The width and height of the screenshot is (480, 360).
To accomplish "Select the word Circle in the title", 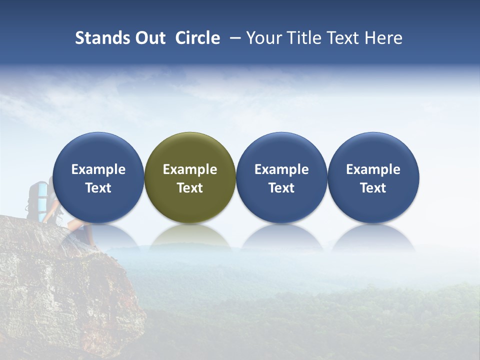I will pos(197,38).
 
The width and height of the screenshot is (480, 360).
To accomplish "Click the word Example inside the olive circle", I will pos(190,169).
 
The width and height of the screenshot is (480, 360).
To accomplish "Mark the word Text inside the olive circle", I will pos(190,188).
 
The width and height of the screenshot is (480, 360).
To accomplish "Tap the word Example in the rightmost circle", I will pos(373,169).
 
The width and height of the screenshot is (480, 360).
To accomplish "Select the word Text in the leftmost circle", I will pos(98,188).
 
